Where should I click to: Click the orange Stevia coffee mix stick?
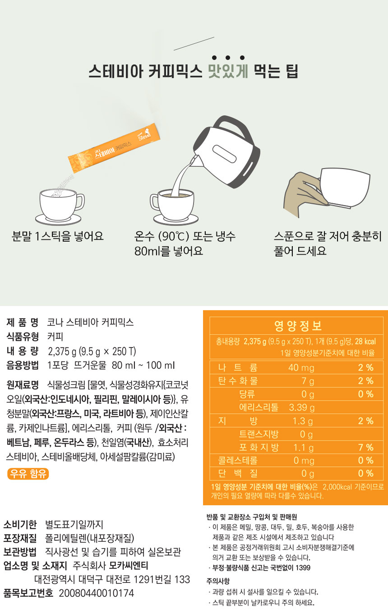pyautogui.click(x=114, y=148)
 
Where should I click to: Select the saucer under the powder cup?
pyautogui.click(x=58, y=219)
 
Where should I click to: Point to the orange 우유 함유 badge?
pyautogui.click(x=28, y=474)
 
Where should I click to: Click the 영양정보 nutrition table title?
pyautogui.click(x=298, y=325)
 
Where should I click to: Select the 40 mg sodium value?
pyautogui.click(x=301, y=367)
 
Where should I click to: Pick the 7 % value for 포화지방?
pyautogui.click(x=366, y=448)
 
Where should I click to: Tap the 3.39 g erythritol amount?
pyautogui.click(x=302, y=407)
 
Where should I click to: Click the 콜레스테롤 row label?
pyautogui.click(x=238, y=460)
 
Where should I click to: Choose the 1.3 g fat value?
pyautogui.click(x=303, y=421)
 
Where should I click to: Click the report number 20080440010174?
pyautogui.click(x=97, y=593)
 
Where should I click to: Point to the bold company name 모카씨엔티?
pyautogui.click(x=129, y=565)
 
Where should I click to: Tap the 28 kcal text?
pyautogui.click(x=365, y=341)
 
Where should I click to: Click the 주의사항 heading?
pyautogui.click(x=218, y=581)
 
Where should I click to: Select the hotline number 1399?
pyautogui.click(x=303, y=567)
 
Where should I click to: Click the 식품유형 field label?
pyautogui.click(x=23, y=336)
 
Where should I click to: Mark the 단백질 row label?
pyautogui.click(x=238, y=473)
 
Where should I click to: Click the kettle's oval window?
pyautogui.click(x=224, y=154)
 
